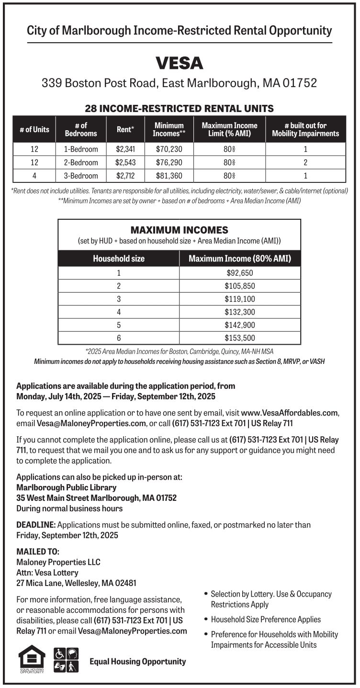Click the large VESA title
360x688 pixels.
pyautogui.click(x=180, y=63)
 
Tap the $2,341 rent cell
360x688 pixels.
pyautogui.click(x=125, y=149)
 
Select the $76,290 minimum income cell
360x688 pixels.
pyautogui.click(x=169, y=162)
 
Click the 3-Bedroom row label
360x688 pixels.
pyautogui.click(x=81, y=176)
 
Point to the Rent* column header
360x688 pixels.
pyautogui.click(x=125, y=129)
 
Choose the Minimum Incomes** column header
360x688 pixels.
pyautogui.click(x=169, y=129)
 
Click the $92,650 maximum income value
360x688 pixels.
pyautogui.click(x=239, y=273)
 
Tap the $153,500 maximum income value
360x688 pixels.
pyautogui.click(x=239, y=338)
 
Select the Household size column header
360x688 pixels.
pyautogui.click(x=118, y=259)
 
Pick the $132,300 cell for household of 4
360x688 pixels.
pyautogui.click(x=239, y=312)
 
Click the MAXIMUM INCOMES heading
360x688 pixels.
pyautogui.click(x=179, y=230)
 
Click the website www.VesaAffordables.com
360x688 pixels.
pyautogui.click(x=290, y=413)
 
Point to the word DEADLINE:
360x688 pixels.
pyautogui.click(x=36, y=525)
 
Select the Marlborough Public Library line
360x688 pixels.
pyautogui.click(x=67, y=487)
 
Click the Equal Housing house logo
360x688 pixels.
pyautogui.click(x=32, y=659)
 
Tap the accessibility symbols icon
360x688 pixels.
pyautogui.click(x=66, y=660)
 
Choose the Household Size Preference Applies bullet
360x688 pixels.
pyautogui.click(x=265, y=620)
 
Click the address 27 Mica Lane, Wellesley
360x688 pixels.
pyautogui.click(x=76, y=583)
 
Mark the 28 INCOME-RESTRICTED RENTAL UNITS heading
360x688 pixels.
pyautogui.click(x=179, y=108)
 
